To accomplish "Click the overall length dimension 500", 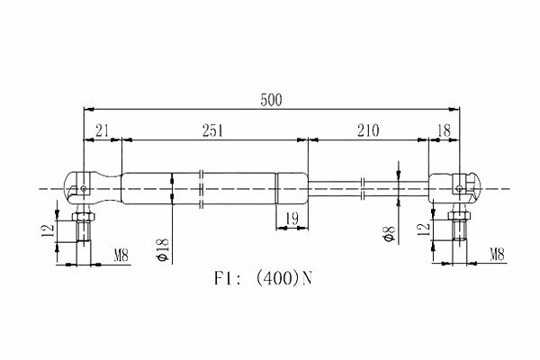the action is coord(271,100).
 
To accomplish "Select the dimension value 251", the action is coord(212,130).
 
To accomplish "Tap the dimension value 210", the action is coord(368,130).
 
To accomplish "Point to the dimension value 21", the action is coord(103,130).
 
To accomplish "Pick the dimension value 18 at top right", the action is coord(444,130).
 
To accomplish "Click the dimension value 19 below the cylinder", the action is coord(292,219).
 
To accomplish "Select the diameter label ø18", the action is coord(163,249).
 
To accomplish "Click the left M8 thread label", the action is coord(121,256).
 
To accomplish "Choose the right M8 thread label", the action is coord(497,255).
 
